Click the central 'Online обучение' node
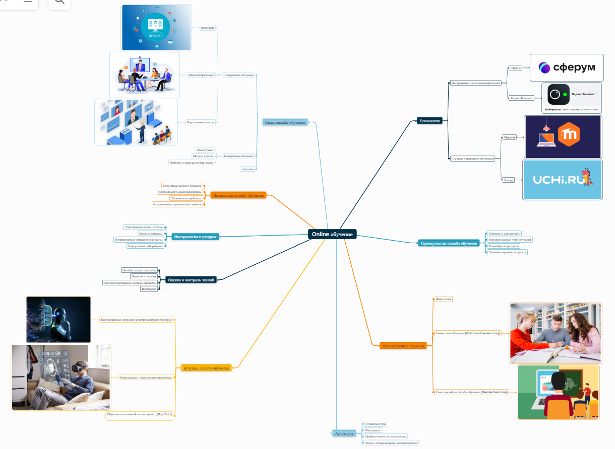[332, 234]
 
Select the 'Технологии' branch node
[429, 121]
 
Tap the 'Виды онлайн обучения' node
[285, 123]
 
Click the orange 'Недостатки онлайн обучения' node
[238, 195]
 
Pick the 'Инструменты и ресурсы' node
[195, 237]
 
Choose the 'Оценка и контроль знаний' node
[191, 280]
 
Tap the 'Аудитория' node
[345, 433]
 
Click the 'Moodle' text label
[510, 137]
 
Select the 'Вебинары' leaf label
[207, 28]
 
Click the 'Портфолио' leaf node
[149, 289]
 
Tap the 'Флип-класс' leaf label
[444, 299]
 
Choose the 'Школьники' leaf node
[373, 430]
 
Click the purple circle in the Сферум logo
[544, 67]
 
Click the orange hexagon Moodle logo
[569, 134]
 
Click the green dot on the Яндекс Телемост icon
[566, 94]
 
